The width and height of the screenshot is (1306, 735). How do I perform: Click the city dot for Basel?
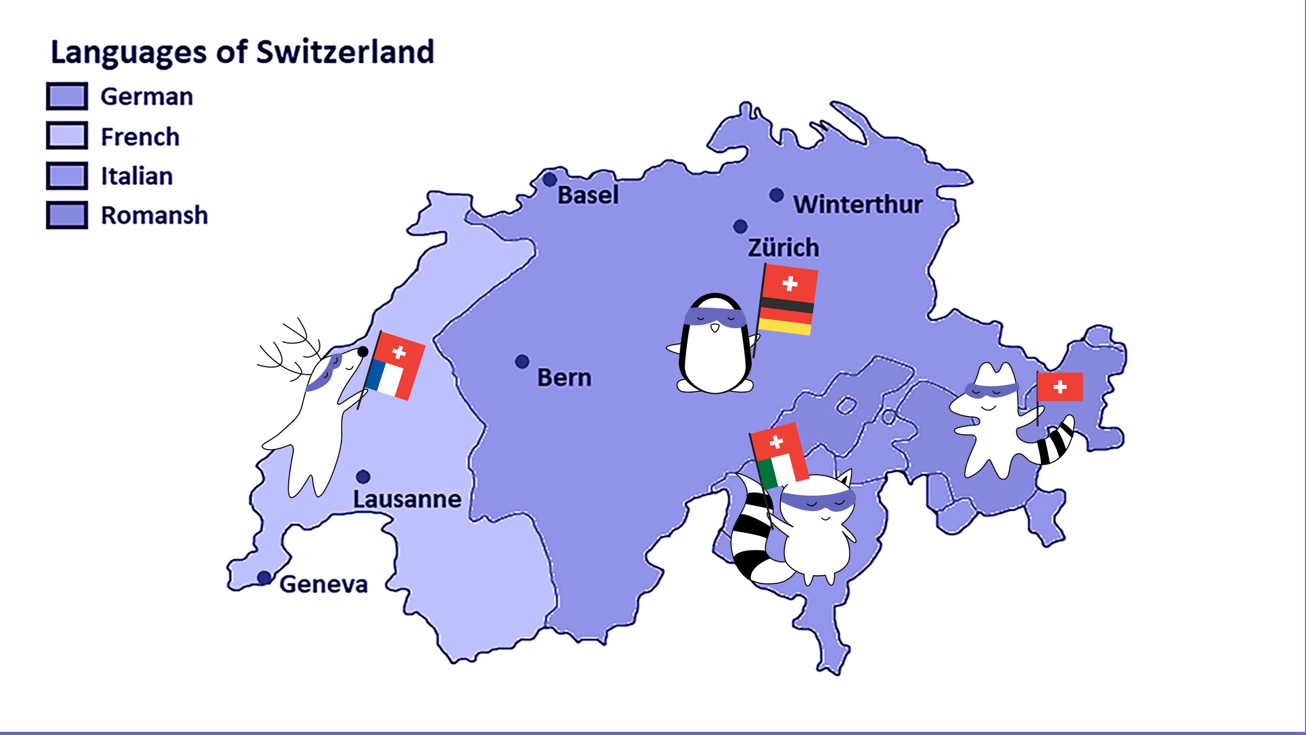(549, 180)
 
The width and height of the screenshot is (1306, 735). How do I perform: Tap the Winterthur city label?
(858, 204)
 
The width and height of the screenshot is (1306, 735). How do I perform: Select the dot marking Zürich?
(740, 226)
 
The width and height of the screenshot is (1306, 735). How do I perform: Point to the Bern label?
(564, 378)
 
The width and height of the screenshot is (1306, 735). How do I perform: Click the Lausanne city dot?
(363, 477)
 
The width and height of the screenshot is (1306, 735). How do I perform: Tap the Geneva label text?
(323, 584)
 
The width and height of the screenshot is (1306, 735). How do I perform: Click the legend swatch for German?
(67, 96)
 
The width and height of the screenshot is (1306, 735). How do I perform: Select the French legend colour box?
(67, 135)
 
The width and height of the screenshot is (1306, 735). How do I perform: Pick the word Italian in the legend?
(137, 176)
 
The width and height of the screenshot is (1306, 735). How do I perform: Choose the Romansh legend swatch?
(67, 215)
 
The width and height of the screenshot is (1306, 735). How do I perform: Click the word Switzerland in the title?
(345, 52)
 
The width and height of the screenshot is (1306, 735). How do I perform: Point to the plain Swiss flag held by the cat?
(1060, 387)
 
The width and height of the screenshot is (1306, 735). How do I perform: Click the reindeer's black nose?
(363, 351)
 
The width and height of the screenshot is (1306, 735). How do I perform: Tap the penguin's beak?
(715, 328)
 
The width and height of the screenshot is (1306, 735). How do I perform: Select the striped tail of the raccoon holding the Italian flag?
(752, 541)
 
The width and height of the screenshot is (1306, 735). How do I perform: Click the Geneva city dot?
(264, 577)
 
